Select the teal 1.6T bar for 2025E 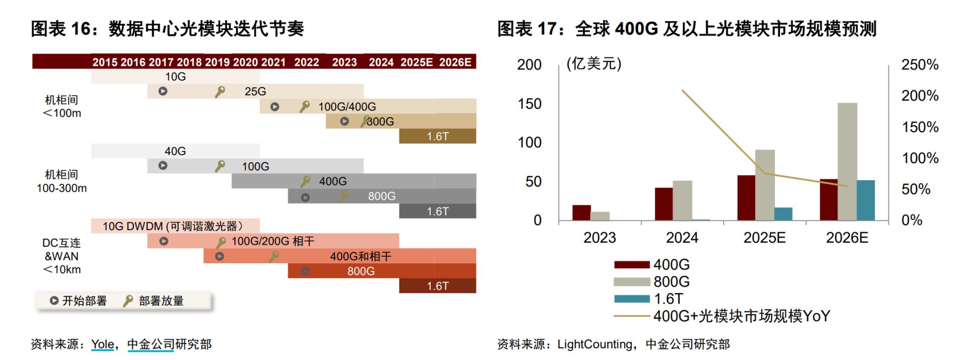[783, 214]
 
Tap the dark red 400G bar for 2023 [581, 212]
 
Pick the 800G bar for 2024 [682, 200]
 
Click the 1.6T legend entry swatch [632, 299]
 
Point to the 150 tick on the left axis [529, 104]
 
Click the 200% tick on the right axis [920, 96]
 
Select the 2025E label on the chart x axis [764, 238]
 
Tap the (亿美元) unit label [594, 64]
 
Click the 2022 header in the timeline [306, 62]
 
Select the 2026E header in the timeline [455, 62]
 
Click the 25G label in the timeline [255, 92]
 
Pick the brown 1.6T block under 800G [437, 136]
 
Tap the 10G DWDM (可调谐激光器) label [173, 226]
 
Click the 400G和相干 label [361, 256]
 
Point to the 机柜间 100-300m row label [61, 181]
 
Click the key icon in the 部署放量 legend [128, 301]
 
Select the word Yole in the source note [102, 344]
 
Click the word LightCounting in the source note [594, 344]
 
